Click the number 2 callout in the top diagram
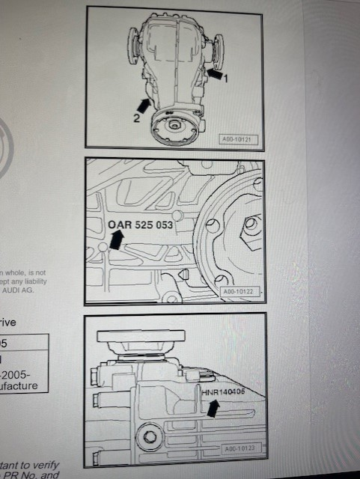click(137, 117)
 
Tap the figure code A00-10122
click(237, 293)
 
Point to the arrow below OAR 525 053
click(117, 239)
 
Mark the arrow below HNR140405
click(215, 406)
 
